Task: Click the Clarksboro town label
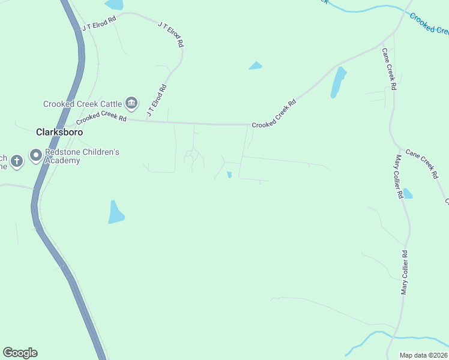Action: (59, 132)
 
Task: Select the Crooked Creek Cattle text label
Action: (82, 104)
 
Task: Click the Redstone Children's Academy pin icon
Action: (35, 156)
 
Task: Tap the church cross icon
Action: (16, 160)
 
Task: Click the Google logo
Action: (20, 353)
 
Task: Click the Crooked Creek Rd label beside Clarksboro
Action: (101, 118)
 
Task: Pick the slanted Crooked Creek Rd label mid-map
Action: (274, 113)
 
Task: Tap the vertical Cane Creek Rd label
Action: (388, 70)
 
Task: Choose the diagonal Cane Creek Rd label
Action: (423, 164)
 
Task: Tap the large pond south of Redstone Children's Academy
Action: (115, 212)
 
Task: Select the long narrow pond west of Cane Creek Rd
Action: (339, 83)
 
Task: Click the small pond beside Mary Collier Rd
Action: (408, 193)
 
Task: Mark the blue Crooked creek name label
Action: (429, 23)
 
